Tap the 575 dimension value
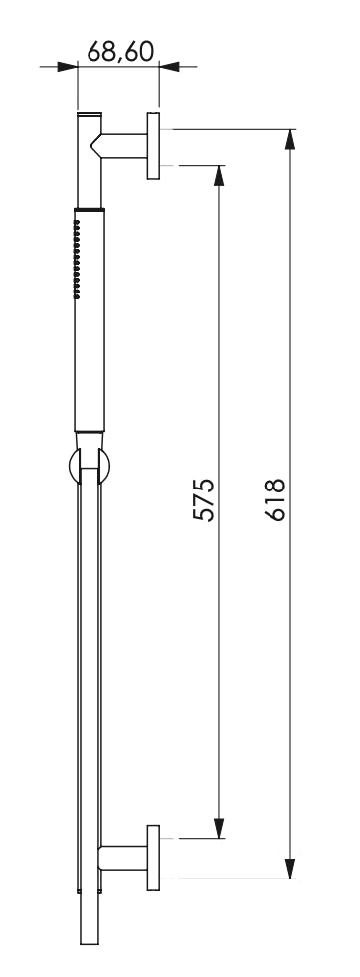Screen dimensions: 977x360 [x=204, y=499]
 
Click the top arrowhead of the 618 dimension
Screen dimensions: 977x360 [x=289, y=141]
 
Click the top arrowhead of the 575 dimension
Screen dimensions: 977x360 [x=219, y=176]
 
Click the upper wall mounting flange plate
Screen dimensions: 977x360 [x=153, y=146]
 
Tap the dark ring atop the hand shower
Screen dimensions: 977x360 [x=88, y=210]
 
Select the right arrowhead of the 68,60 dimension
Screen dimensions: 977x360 [x=169, y=67]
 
